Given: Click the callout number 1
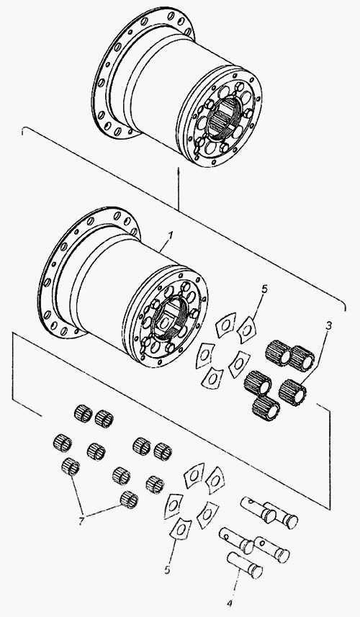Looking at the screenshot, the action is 170,235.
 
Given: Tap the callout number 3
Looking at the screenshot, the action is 329,326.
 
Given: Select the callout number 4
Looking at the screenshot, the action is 230,603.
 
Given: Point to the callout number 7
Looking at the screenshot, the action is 81,521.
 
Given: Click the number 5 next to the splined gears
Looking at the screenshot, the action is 264,289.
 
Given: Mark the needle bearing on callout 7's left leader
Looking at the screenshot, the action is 71,467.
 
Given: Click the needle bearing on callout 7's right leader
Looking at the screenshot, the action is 129,500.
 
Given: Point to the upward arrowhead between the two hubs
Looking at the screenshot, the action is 179,171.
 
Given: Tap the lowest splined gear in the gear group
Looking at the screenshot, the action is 266,408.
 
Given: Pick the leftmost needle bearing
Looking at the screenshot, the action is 62,443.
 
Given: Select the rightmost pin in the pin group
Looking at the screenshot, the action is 280,515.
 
